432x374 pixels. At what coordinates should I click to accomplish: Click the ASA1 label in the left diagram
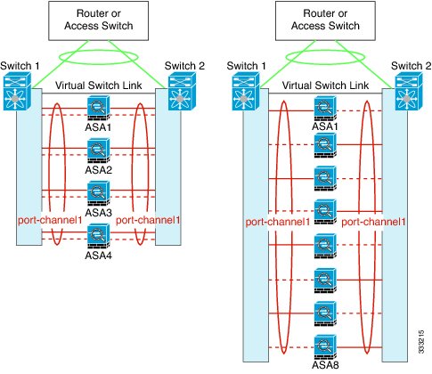coord(98,127)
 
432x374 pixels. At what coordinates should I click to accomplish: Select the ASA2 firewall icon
coord(99,151)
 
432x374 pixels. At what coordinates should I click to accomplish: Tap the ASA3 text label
coord(98,213)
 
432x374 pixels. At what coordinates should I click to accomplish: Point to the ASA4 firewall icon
coord(99,236)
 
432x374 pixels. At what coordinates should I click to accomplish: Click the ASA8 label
coord(325,364)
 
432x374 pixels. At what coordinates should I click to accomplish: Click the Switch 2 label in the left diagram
coord(184,66)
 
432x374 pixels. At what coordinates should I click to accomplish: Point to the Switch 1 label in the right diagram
coord(247,66)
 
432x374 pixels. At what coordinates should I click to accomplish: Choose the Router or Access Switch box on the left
coord(98,20)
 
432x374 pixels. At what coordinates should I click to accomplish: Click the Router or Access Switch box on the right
coord(325,20)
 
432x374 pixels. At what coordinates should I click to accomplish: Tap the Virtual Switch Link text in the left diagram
coord(99,85)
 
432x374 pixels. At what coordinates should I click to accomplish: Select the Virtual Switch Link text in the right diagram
coord(325,85)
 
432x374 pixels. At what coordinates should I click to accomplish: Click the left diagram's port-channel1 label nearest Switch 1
coord(50,220)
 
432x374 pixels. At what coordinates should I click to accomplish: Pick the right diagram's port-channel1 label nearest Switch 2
coord(373,222)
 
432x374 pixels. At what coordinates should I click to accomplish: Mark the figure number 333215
coord(421,341)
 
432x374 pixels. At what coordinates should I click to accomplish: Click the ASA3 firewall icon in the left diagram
coord(99,193)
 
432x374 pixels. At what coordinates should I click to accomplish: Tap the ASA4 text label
coord(98,256)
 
